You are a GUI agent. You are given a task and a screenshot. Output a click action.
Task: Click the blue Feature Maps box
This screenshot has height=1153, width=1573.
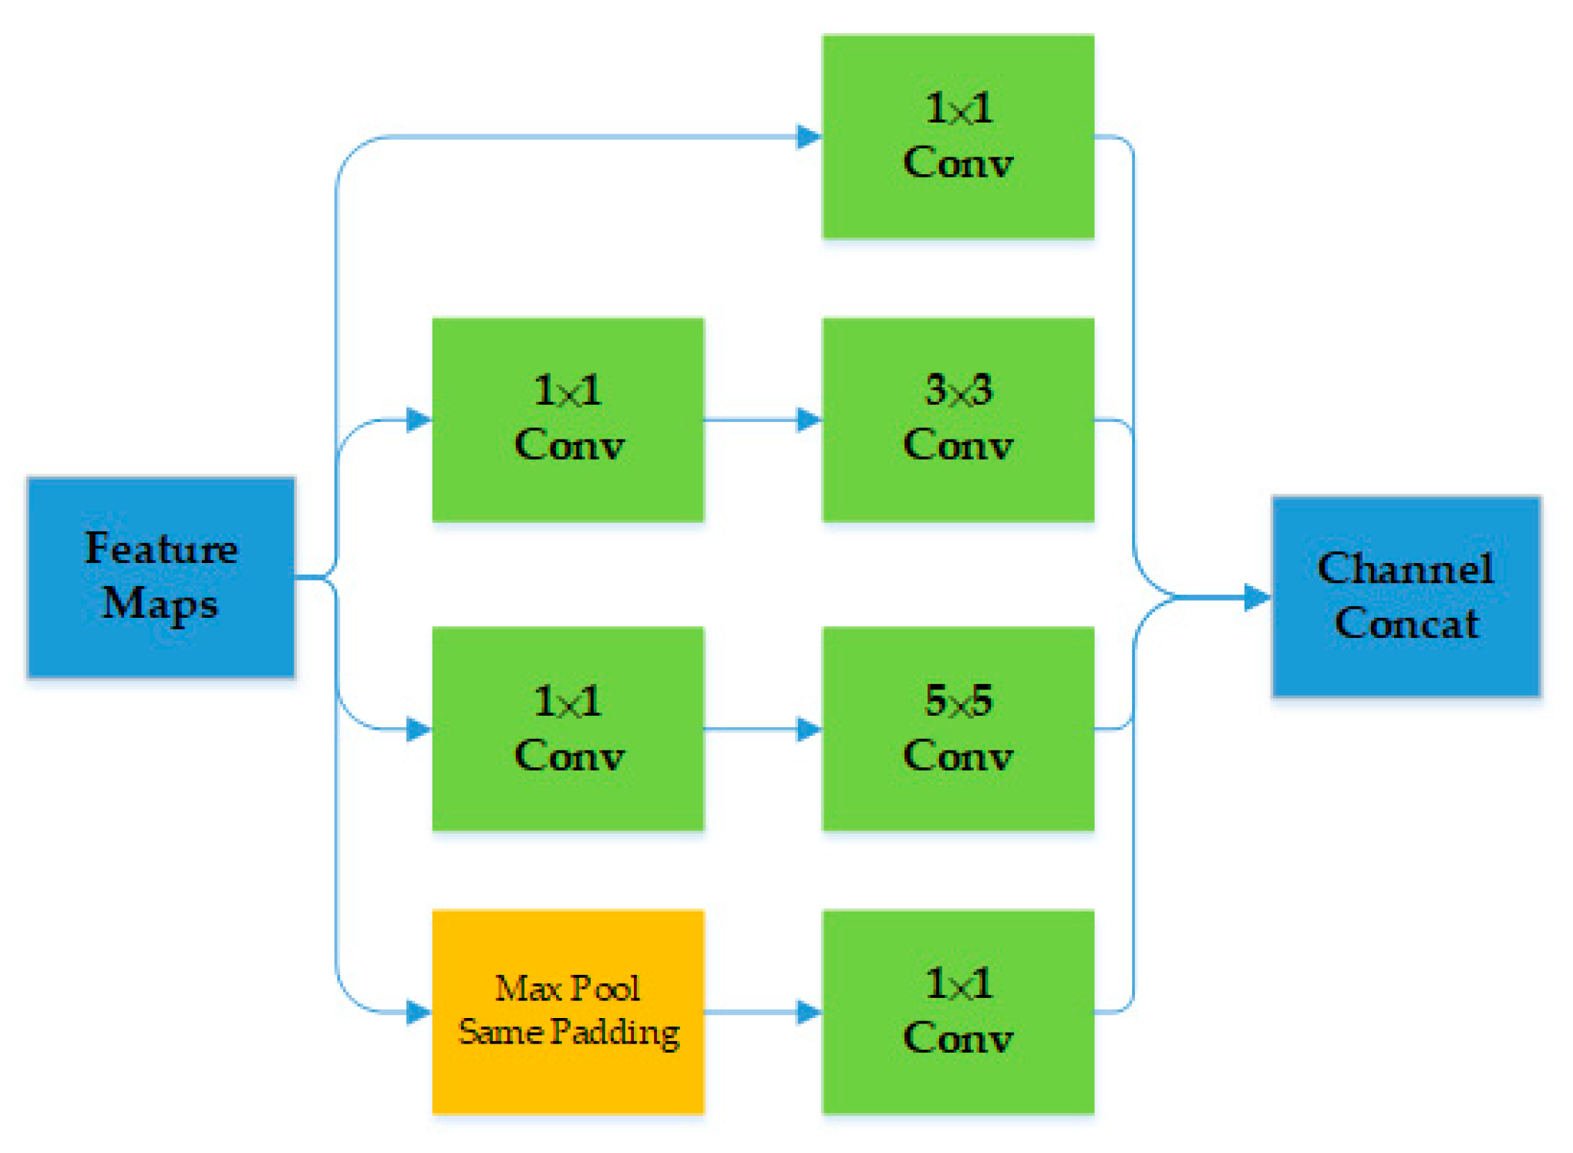click(x=161, y=577)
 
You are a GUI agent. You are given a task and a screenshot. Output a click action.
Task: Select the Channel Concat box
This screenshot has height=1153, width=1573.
click(x=1406, y=596)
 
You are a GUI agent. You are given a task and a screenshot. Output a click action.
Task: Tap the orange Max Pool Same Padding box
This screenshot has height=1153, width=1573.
click(x=568, y=1012)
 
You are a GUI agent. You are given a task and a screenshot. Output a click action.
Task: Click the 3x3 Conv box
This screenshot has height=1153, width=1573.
click(x=958, y=420)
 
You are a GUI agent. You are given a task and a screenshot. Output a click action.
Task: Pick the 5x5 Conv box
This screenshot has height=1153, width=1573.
click(x=958, y=729)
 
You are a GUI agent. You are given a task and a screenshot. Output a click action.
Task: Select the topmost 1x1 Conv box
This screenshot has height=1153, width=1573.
click(x=958, y=137)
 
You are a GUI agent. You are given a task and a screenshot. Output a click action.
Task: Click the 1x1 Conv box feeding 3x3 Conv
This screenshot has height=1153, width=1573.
click(x=568, y=420)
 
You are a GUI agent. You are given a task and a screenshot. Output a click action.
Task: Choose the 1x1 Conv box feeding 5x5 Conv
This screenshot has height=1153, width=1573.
click(x=568, y=729)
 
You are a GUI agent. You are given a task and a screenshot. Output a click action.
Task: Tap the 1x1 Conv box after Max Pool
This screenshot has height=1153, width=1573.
click(x=958, y=1012)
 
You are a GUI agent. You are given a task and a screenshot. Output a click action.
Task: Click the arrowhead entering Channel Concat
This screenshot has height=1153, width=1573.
click(x=1257, y=597)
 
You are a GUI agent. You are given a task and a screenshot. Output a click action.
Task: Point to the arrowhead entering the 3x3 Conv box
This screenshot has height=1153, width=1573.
click(x=809, y=420)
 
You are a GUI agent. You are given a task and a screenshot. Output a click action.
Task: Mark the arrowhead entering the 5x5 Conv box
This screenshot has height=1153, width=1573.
click(x=809, y=729)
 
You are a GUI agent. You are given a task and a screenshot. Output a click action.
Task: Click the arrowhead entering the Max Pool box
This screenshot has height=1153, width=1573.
click(x=419, y=1012)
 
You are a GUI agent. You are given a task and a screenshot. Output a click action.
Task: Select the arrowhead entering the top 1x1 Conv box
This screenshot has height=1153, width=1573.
click(x=809, y=137)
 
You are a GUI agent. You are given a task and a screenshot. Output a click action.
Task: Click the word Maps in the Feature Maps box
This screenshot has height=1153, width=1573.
click(x=160, y=604)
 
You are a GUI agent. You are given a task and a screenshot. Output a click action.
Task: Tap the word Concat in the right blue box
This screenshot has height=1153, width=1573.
click(x=1406, y=623)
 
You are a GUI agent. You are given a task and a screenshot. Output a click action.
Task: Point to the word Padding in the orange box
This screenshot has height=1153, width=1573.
click(x=615, y=1032)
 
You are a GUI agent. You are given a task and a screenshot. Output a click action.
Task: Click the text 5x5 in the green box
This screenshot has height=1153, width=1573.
click(x=958, y=701)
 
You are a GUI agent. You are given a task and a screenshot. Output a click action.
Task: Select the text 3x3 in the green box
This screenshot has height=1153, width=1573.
click(x=958, y=390)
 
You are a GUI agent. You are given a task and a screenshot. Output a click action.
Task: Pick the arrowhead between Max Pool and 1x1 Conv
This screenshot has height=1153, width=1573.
click(x=809, y=1012)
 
